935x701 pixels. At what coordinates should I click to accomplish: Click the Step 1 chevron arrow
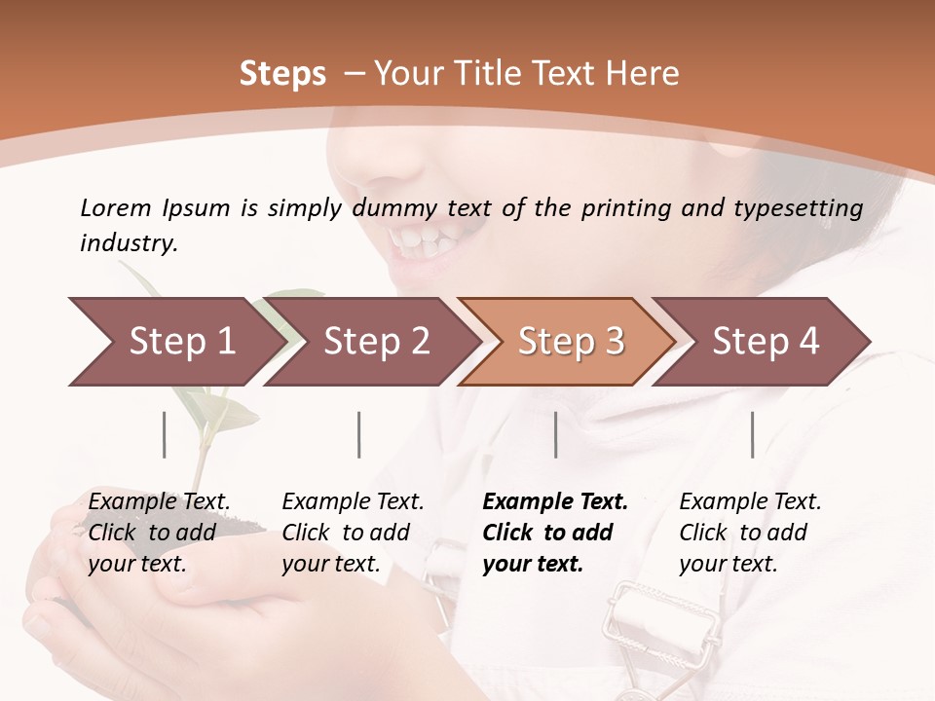(175, 342)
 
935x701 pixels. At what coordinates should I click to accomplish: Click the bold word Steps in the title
(282, 74)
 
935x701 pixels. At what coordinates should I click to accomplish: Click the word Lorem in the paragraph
(115, 207)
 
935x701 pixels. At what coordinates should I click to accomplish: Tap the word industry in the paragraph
(128, 243)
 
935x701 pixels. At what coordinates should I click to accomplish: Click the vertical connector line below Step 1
(164, 434)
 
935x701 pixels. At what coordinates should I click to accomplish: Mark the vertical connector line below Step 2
(359, 434)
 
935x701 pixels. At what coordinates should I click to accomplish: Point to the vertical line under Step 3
(555, 434)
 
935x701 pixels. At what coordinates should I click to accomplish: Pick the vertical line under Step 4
(752, 434)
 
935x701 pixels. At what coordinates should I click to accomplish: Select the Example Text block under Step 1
(160, 533)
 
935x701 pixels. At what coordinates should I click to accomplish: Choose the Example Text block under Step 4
(750, 533)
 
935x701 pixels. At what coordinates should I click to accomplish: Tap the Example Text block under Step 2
(353, 533)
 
